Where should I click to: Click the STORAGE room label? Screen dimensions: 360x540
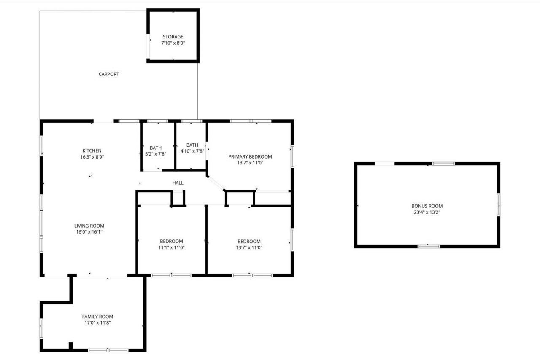click(173, 37)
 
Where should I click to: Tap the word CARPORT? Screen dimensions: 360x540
click(109, 74)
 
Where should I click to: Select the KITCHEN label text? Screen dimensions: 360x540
click(92, 150)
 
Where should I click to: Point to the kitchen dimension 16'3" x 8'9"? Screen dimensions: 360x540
click(92, 157)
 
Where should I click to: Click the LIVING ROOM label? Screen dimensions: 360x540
click(89, 226)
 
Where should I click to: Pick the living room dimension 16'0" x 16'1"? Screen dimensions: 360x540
click(89, 232)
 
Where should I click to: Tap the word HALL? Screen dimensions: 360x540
click(178, 183)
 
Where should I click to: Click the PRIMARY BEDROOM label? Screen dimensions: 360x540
click(250, 156)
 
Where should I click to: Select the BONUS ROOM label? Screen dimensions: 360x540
click(427, 206)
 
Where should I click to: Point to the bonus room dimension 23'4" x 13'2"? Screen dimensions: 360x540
click(427, 212)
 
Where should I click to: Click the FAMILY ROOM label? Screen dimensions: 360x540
click(97, 317)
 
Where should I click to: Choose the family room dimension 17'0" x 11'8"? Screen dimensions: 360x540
click(97, 323)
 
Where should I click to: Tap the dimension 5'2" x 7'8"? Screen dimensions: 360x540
click(156, 154)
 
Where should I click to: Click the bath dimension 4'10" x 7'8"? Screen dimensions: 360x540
click(192, 151)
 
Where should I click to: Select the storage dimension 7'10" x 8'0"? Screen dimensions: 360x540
click(173, 43)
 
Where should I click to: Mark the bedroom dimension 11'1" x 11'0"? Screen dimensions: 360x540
click(171, 247)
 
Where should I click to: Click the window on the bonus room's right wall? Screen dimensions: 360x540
click(498, 204)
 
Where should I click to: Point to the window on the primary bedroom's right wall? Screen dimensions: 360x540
click(292, 156)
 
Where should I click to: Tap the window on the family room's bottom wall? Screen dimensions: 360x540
click(108, 350)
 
